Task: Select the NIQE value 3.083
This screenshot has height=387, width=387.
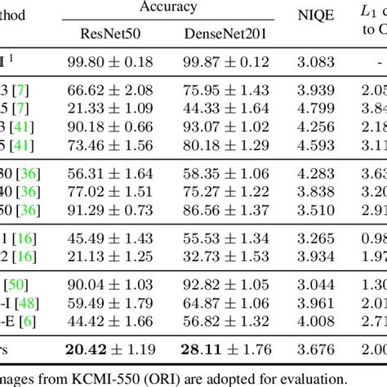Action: [311, 62]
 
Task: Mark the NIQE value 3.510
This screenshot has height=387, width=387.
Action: [311, 209]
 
